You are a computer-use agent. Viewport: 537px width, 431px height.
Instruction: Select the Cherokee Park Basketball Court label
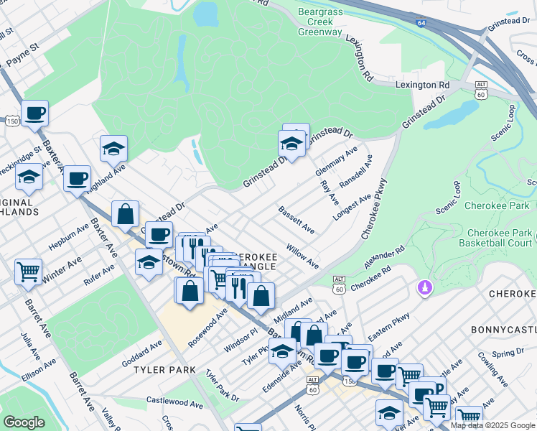pos(499,238)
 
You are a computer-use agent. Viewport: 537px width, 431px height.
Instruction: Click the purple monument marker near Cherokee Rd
pos(425,287)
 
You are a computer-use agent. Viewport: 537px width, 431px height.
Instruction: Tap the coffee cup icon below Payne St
pos(34,113)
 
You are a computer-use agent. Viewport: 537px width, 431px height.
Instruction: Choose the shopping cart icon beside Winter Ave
pos(28,272)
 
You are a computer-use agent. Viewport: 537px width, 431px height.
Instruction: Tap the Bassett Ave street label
pos(296,220)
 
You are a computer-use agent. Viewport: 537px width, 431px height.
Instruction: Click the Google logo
pos(24,422)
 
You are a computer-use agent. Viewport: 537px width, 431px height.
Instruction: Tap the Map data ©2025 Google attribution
pos(492,425)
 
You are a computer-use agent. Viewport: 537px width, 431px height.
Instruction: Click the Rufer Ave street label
pos(98,275)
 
